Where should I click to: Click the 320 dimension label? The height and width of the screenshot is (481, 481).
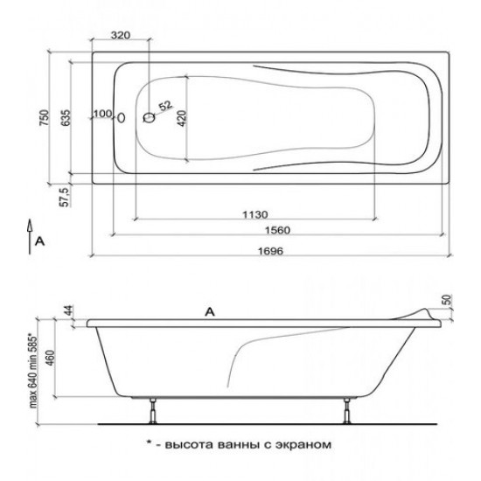(x=121, y=35)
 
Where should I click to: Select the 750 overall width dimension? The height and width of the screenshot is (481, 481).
(x=45, y=117)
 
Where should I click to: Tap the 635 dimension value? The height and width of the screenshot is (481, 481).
(x=66, y=117)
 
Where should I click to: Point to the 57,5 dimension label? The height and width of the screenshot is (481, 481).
(x=66, y=196)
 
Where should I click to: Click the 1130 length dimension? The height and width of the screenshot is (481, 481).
(x=255, y=214)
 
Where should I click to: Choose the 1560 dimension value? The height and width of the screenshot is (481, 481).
(x=277, y=230)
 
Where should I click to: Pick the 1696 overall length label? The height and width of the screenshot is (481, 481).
(x=271, y=251)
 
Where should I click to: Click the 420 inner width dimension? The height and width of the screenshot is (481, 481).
(x=182, y=118)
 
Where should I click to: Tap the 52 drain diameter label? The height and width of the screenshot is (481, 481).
(x=165, y=106)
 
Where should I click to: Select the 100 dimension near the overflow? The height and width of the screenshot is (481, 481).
(x=103, y=114)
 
